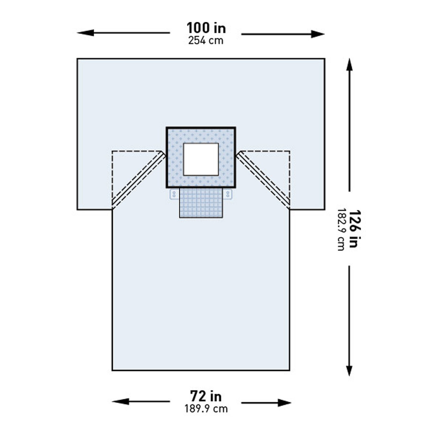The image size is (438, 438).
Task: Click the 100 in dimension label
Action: coord(206,28)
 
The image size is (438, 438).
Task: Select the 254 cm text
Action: coord(206,41)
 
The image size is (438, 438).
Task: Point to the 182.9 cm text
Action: coord(341,230)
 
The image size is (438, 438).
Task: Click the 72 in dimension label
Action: coord(206,396)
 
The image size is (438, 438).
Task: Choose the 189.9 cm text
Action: coord(206,409)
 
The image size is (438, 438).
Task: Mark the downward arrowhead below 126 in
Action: coord(349,370)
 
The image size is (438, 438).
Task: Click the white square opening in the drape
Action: coord(201,159)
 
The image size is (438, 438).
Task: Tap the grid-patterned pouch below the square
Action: coord(201,203)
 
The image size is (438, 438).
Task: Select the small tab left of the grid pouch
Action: coord(174,194)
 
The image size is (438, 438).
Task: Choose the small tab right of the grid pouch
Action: coord(228,194)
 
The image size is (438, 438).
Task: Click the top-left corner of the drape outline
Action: coord(77,59)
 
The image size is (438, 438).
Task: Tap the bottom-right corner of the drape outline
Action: coord(289,370)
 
